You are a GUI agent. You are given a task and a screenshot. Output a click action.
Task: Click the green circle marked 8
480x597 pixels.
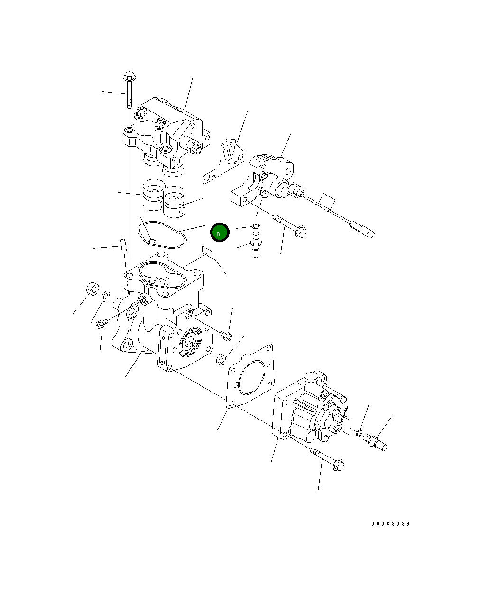coord(220,233)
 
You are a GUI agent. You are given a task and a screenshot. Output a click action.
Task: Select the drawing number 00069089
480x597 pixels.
coord(390,524)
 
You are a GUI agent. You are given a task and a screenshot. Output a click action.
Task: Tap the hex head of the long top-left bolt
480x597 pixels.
coord(129,76)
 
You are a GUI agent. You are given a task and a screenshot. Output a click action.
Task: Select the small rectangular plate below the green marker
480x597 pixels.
coord(209,252)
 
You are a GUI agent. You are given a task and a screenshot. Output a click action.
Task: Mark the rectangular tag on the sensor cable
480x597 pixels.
coord(327,201)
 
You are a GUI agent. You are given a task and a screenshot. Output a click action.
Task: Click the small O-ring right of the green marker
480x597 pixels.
coord(256,226)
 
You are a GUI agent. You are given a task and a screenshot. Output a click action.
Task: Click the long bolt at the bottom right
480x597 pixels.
coord(328,459)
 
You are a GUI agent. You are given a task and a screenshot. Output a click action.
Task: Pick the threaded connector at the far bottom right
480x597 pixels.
coord(375,442)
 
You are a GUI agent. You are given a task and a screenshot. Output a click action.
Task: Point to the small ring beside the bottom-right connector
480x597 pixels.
coord(359,432)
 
